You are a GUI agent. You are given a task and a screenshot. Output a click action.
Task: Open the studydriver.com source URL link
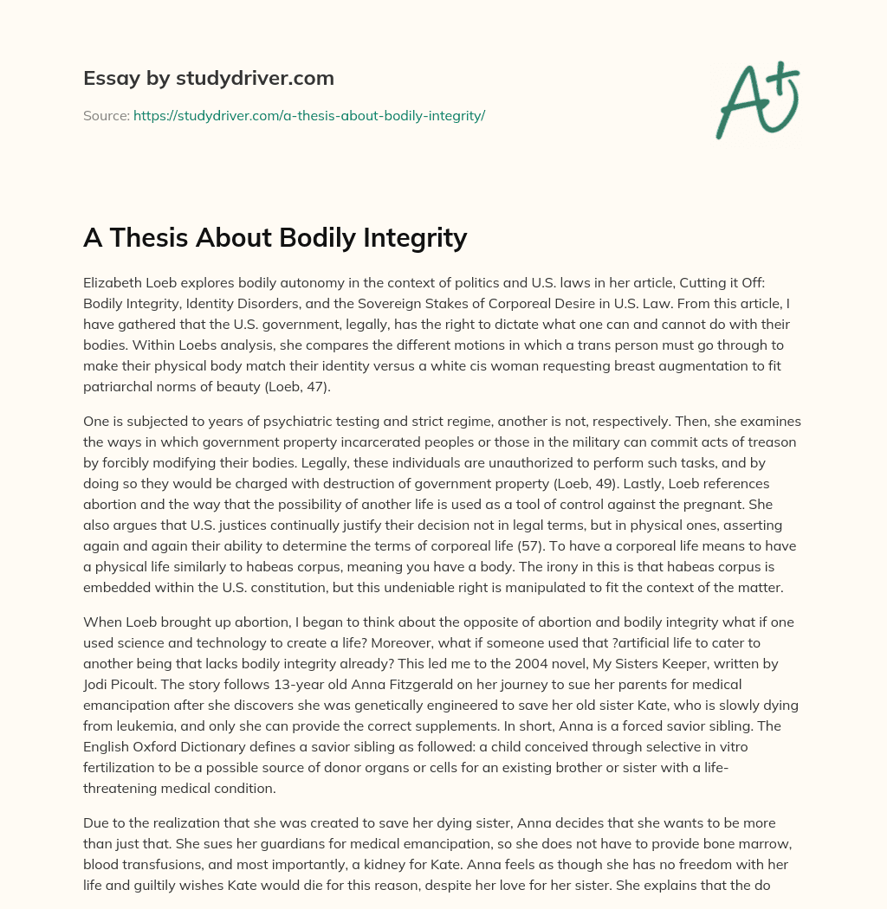[x=308, y=115]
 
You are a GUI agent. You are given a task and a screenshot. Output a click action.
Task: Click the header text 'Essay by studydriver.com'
[x=208, y=78]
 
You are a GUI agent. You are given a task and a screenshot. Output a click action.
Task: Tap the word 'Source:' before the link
[x=106, y=115]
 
